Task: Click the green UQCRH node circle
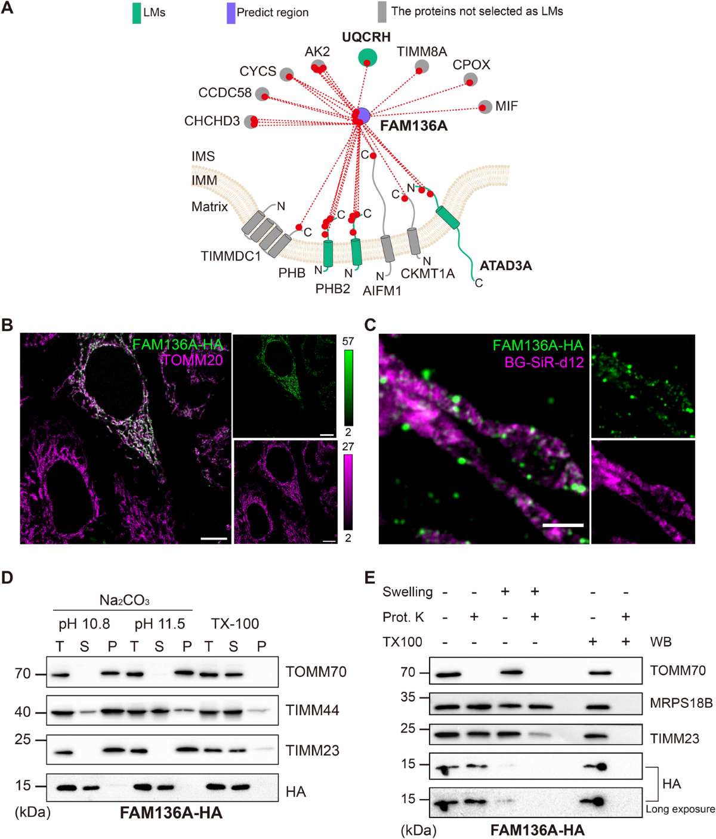368,57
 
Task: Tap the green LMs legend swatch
137,13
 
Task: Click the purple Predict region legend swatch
231,13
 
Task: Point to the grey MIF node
485,107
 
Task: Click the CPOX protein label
471,64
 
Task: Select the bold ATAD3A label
505,266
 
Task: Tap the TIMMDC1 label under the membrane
230,256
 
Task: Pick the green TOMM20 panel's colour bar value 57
348,342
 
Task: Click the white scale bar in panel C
563,525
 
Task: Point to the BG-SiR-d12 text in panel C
544,362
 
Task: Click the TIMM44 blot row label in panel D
312,710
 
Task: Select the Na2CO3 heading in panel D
124,600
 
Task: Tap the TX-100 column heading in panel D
235,624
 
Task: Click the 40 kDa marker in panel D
23,712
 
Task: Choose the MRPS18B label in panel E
681,703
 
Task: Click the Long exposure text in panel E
680,809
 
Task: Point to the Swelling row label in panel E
408,592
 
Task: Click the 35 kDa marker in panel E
408,697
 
